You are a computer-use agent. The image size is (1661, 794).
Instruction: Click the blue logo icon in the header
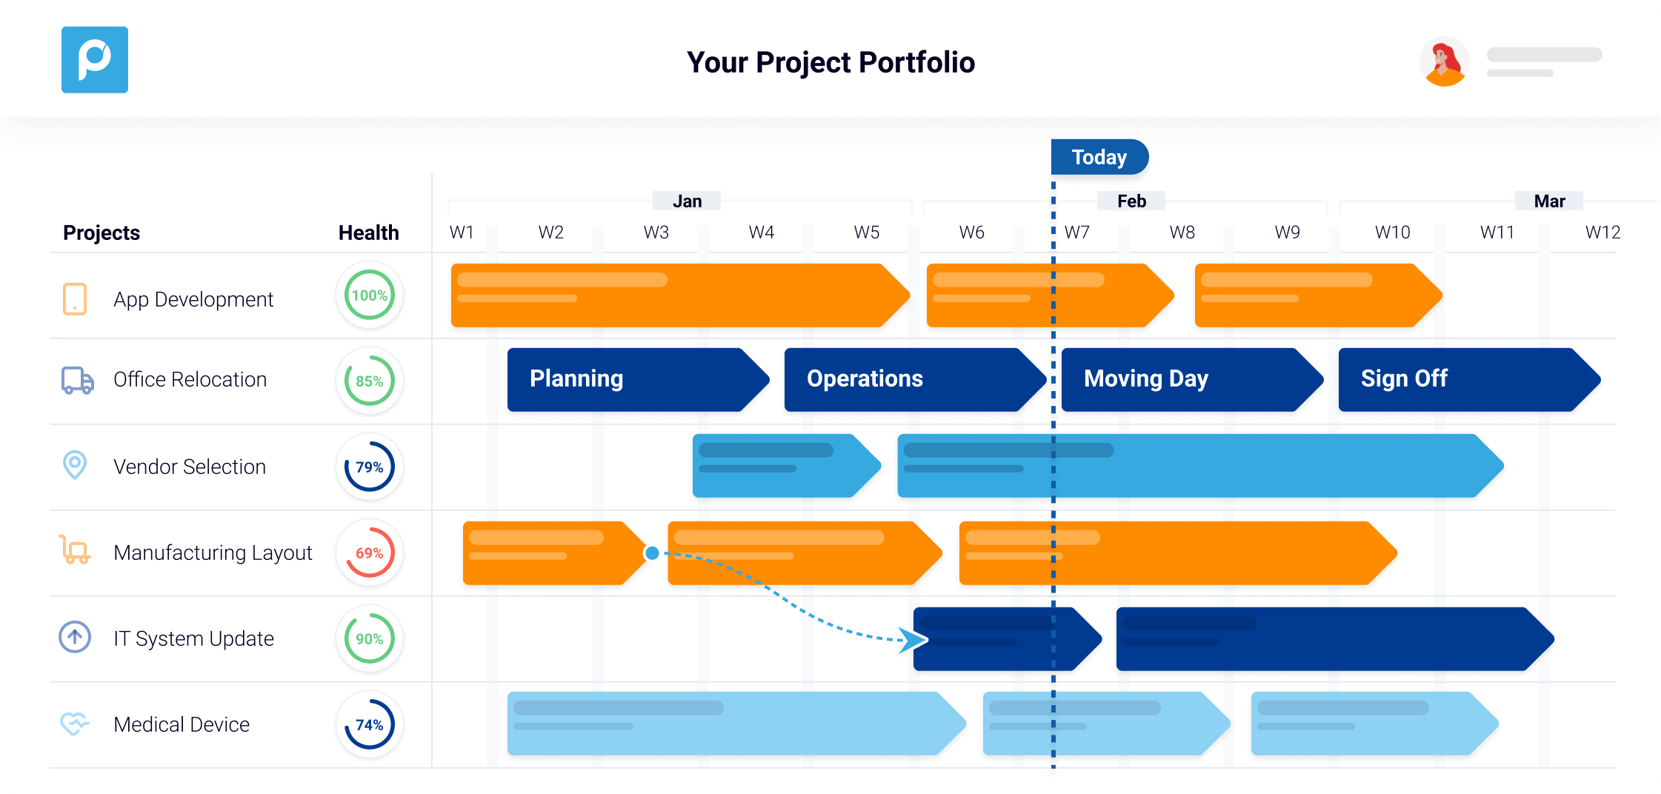coord(95,60)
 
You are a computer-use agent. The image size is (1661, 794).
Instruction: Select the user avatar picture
coord(1444,61)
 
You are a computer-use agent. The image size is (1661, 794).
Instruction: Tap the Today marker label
coord(1099,157)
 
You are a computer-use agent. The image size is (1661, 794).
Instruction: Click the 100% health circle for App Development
coord(369,295)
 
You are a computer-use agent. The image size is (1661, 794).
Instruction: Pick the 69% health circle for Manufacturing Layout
coord(369,553)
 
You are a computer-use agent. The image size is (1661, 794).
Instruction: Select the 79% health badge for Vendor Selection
coord(369,467)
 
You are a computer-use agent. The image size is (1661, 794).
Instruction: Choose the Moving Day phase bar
coord(1192,379)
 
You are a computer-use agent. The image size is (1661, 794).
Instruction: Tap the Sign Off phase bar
coord(1469,379)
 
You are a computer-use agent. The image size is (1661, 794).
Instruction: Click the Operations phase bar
coord(915,379)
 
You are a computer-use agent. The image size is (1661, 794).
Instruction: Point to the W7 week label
coord(1077,233)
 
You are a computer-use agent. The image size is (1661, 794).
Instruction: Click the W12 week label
coord(1602,233)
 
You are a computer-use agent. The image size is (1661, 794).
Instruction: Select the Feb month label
coord(1131,201)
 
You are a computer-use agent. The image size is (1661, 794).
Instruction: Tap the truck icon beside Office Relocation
coord(78,380)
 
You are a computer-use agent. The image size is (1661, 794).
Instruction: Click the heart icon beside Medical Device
coord(74,724)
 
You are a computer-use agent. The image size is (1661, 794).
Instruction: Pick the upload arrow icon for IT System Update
coord(75,637)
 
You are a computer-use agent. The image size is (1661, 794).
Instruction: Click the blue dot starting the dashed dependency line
coord(652,553)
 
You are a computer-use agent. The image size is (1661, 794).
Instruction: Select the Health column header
coord(368,233)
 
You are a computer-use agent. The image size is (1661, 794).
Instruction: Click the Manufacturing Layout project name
coord(213,553)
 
